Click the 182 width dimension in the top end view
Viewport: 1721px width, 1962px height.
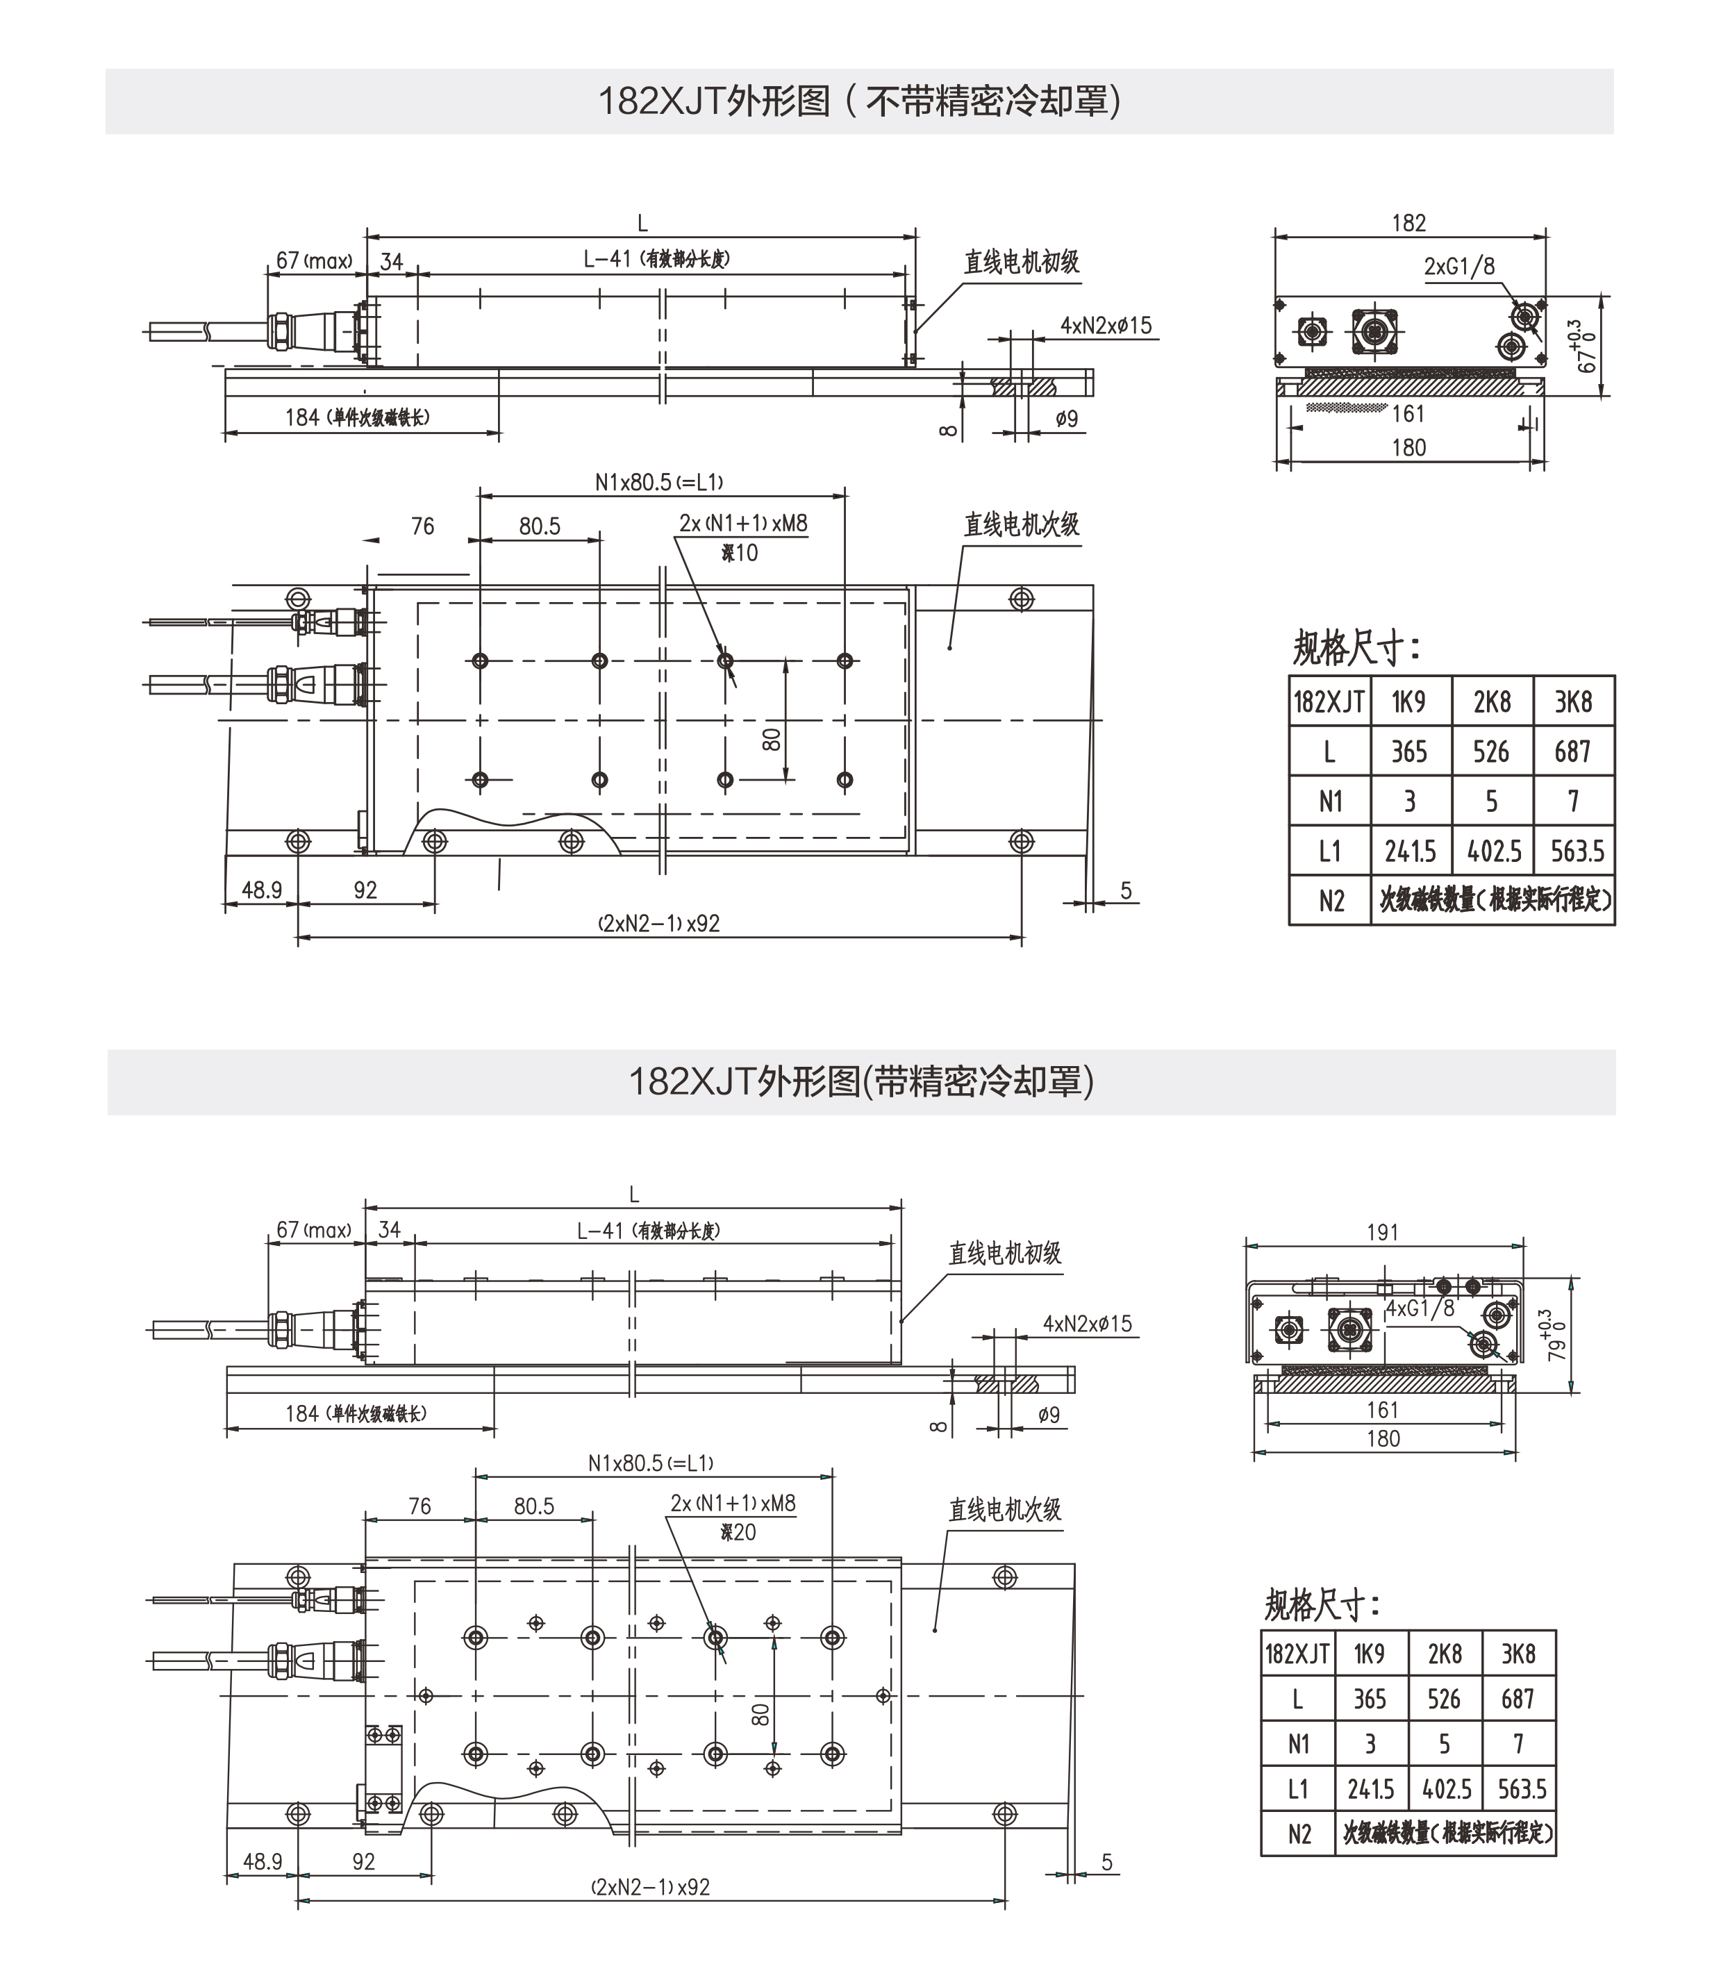pyautogui.click(x=1408, y=223)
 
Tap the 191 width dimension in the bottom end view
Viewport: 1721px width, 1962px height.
pyautogui.click(x=1382, y=1231)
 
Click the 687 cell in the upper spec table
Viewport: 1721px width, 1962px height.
pyautogui.click(x=1572, y=751)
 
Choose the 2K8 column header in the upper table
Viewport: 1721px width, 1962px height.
pyautogui.click(x=1492, y=701)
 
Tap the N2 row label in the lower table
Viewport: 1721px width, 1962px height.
pyautogui.click(x=1299, y=1834)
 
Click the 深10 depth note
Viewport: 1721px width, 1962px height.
pyautogui.click(x=739, y=553)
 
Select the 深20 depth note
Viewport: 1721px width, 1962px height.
pyautogui.click(x=737, y=1532)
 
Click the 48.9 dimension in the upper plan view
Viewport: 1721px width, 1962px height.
pyautogui.click(x=261, y=890)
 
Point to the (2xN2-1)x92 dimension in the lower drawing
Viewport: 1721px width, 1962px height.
pyautogui.click(x=651, y=1887)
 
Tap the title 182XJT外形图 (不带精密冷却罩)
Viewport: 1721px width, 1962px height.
pyautogui.click(x=859, y=101)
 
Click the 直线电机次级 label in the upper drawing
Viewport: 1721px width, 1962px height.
pyautogui.click(x=1021, y=524)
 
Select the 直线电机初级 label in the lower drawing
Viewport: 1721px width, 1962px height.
pyautogui.click(x=1004, y=1253)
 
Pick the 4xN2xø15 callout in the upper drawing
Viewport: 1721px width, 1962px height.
pyautogui.click(x=1105, y=326)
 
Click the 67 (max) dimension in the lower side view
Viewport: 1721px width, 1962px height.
pyautogui.click(x=314, y=1229)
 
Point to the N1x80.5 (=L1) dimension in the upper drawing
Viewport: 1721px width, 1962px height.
pyautogui.click(x=658, y=482)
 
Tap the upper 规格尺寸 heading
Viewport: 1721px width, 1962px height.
pyautogui.click(x=1354, y=648)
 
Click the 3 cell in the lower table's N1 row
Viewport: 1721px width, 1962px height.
pyautogui.click(x=1370, y=1744)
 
